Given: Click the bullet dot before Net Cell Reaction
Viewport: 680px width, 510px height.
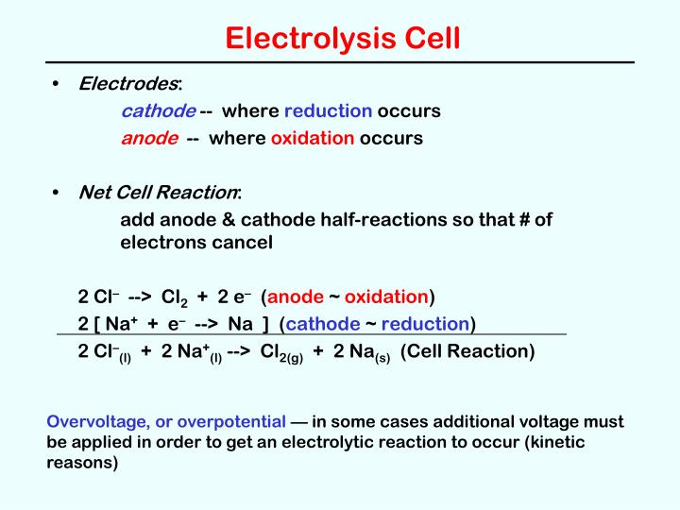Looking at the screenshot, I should (58, 193).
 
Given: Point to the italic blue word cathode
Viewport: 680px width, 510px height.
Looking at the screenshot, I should (158, 111).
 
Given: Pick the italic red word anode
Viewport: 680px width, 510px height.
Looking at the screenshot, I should (149, 138).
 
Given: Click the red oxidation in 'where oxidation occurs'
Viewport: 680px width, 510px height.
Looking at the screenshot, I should (313, 138).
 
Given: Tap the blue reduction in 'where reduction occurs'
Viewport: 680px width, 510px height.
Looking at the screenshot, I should (328, 111).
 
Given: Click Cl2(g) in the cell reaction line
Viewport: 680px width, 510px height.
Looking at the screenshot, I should (282, 353).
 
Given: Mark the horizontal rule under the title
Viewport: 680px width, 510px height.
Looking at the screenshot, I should (340, 62).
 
